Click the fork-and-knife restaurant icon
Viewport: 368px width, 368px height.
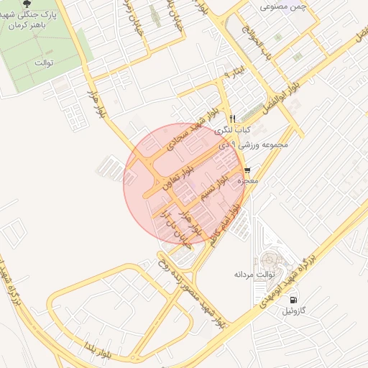(x=232, y=119)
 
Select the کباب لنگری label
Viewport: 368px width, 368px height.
(x=253, y=129)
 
